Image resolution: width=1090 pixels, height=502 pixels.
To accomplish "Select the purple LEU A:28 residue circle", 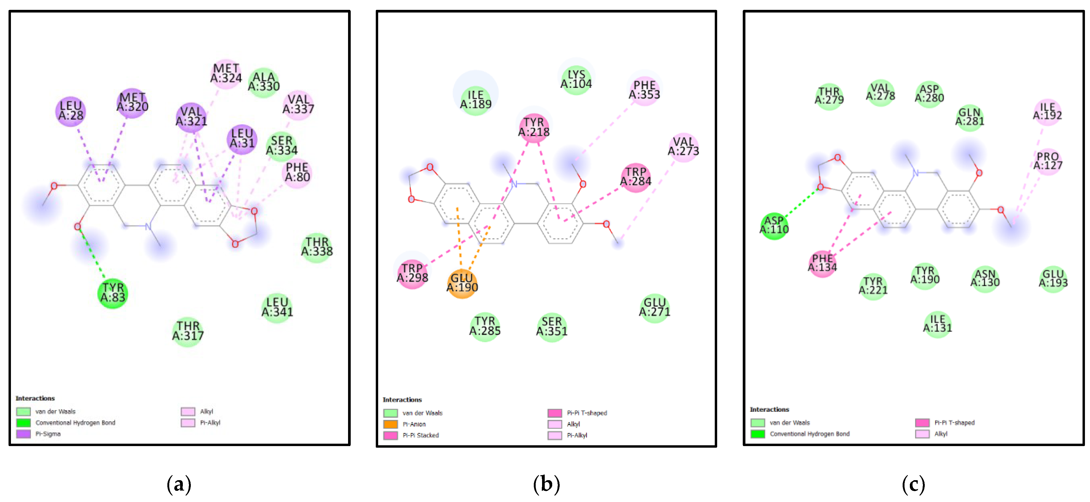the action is [x=71, y=111].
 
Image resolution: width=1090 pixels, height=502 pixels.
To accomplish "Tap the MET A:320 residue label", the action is [x=132, y=102].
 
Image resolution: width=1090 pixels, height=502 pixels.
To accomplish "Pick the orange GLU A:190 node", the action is [x=462, y=283].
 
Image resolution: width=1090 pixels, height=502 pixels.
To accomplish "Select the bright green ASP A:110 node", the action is [x=774, y=225].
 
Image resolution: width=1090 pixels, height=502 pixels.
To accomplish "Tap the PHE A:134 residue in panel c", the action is [x=822, y=263].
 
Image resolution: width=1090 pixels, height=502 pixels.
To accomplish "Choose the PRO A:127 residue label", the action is [x=1048, y=161].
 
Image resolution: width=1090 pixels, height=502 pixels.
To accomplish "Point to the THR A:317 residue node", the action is [x=188, y=331].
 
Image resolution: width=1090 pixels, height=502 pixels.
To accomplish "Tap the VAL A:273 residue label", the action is [x=683, y=146].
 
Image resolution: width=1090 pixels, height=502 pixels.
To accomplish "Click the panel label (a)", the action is [x=179, y=484].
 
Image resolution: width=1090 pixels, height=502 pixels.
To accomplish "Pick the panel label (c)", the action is [x=913, y=484].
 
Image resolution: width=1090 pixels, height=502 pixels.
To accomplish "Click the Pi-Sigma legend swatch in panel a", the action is [x=23, y=434].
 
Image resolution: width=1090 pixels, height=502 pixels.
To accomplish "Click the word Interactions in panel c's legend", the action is [x=769, y=409].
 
